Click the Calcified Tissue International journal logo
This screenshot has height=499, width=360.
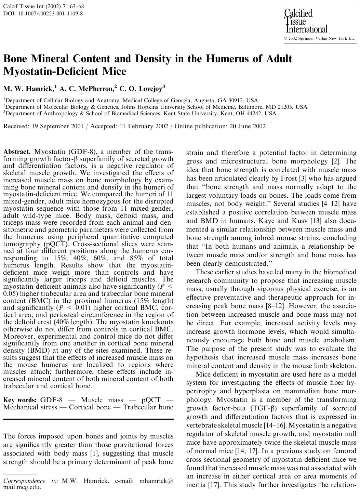tap(305, 21)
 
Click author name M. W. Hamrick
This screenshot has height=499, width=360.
tap(28, 89)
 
